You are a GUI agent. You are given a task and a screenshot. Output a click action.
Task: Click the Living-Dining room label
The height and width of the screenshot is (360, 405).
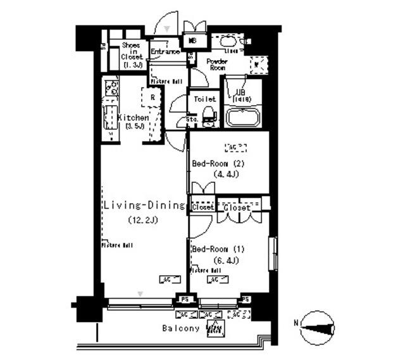[x=144, y=206]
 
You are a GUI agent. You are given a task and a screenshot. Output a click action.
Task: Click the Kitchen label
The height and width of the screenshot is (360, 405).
[x=133, y=118]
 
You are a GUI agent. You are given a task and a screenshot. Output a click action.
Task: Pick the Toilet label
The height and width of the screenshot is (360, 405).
[x=205, y=99]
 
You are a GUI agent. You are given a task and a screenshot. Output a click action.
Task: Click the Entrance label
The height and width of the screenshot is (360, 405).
[x=166, y=51]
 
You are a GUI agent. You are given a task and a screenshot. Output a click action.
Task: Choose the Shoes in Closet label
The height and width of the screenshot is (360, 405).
[x=131, y=54]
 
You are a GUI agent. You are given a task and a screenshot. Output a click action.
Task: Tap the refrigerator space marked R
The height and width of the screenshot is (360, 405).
[x=153, y=97]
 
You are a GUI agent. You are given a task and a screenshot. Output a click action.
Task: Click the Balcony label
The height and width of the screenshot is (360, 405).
[x=181, y=328]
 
